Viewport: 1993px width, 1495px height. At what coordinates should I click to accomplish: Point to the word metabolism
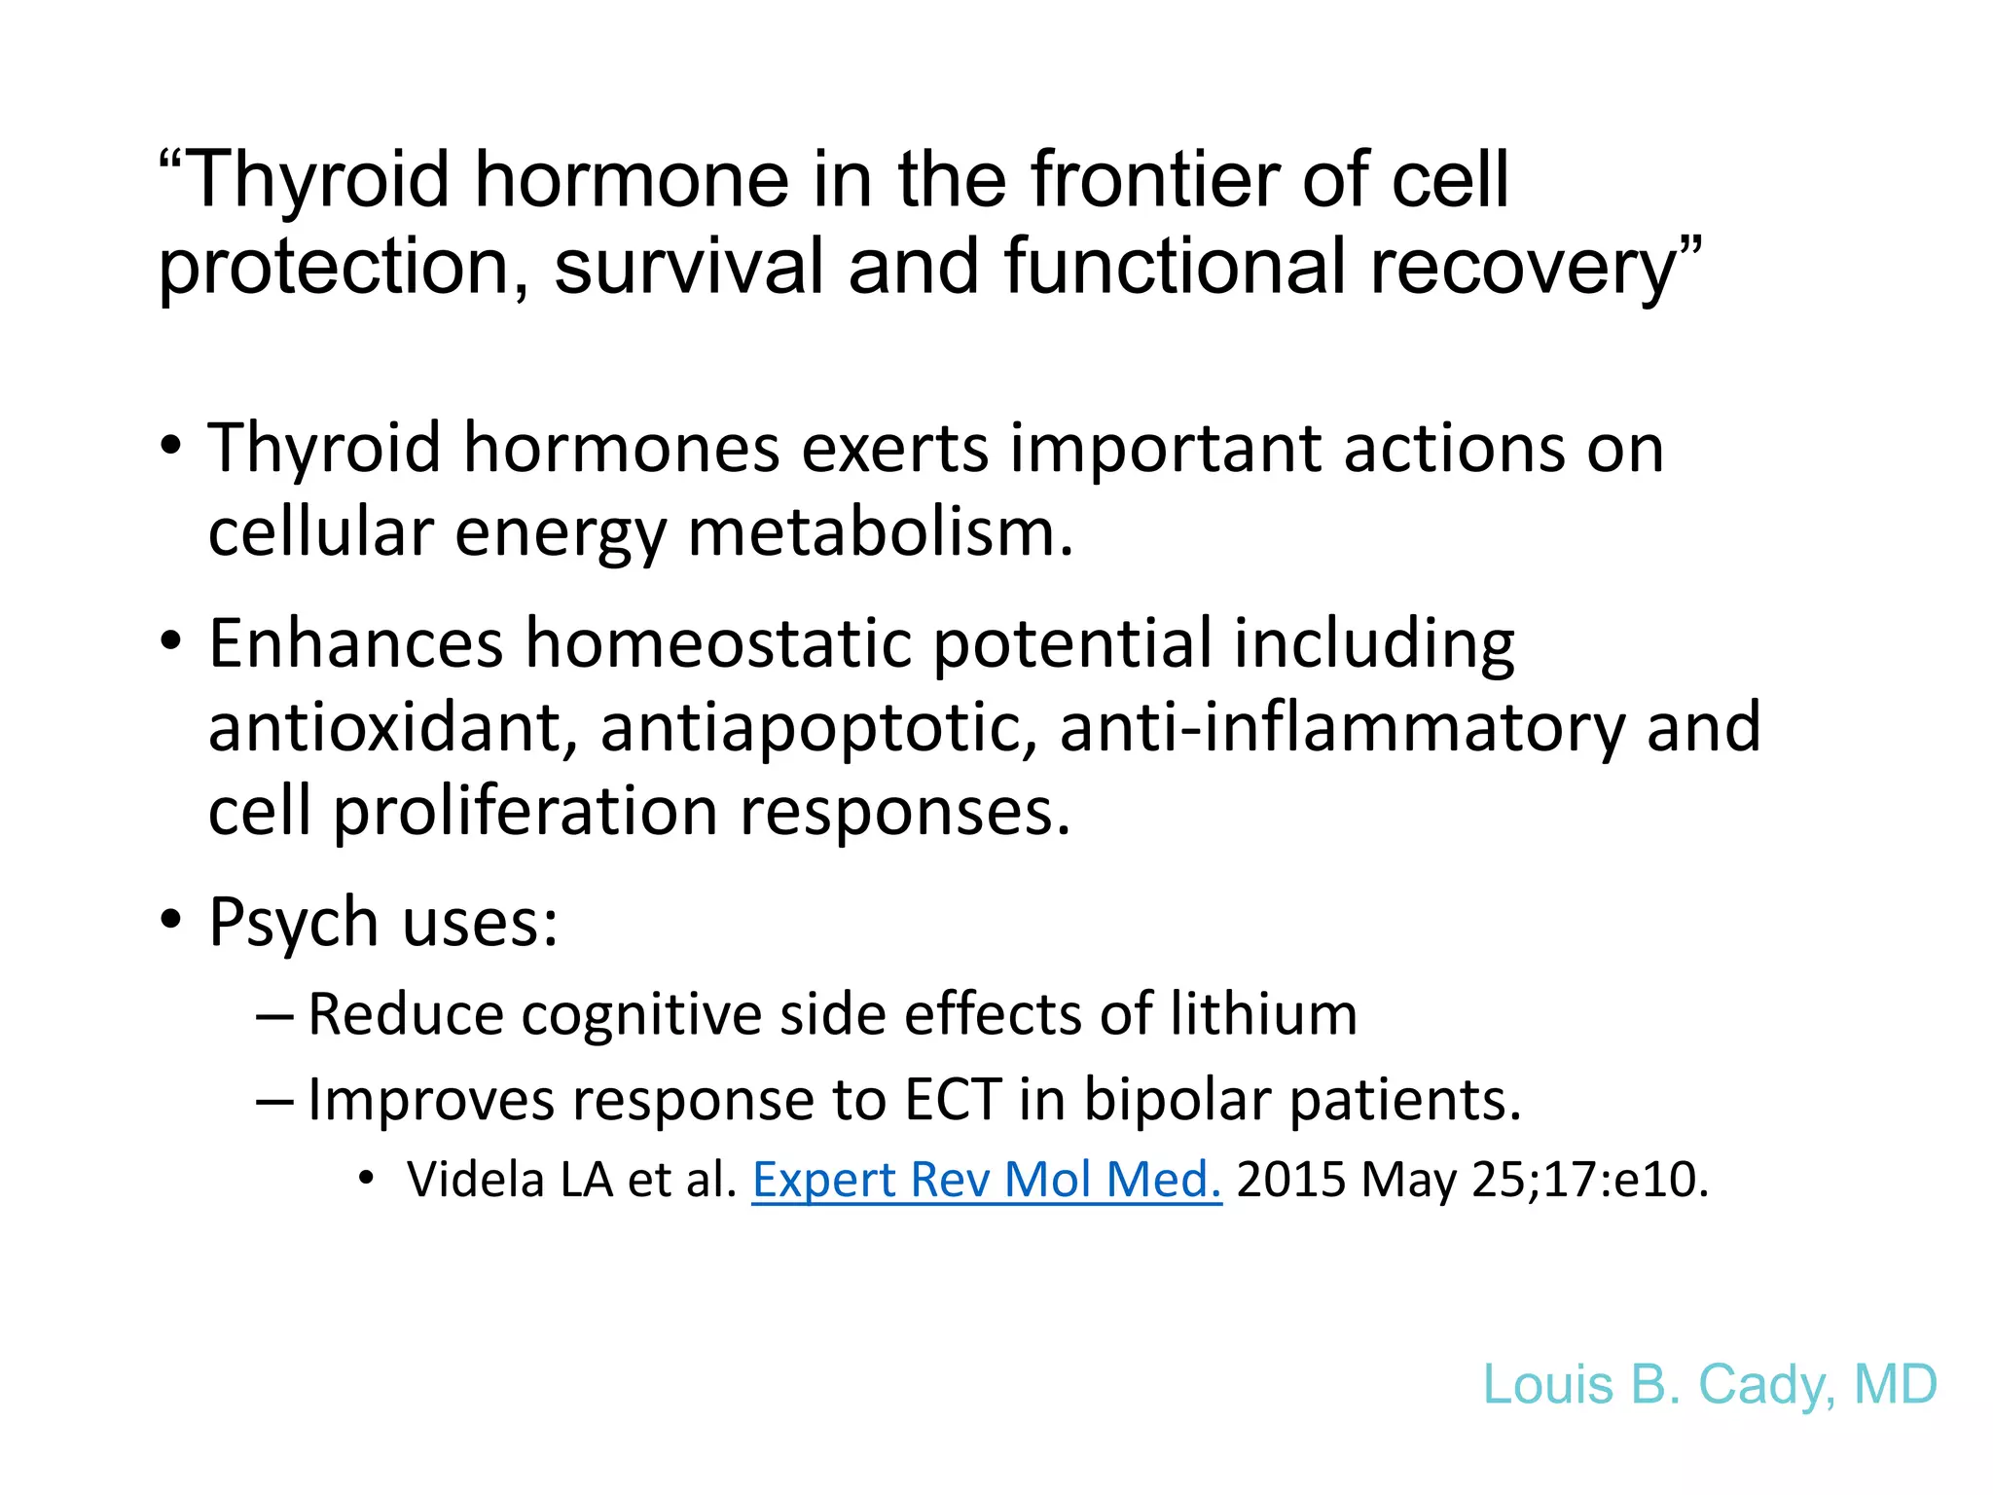[880, 533]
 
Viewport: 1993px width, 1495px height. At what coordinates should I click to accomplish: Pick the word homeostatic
[719, 643]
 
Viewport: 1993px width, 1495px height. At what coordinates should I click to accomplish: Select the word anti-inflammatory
[1342, 728]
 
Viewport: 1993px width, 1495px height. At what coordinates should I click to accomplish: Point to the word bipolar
[1178, 1100]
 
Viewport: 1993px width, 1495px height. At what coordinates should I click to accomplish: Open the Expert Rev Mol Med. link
[986, 1180]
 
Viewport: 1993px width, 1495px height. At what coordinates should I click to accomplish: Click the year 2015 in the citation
[1290, 1180]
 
